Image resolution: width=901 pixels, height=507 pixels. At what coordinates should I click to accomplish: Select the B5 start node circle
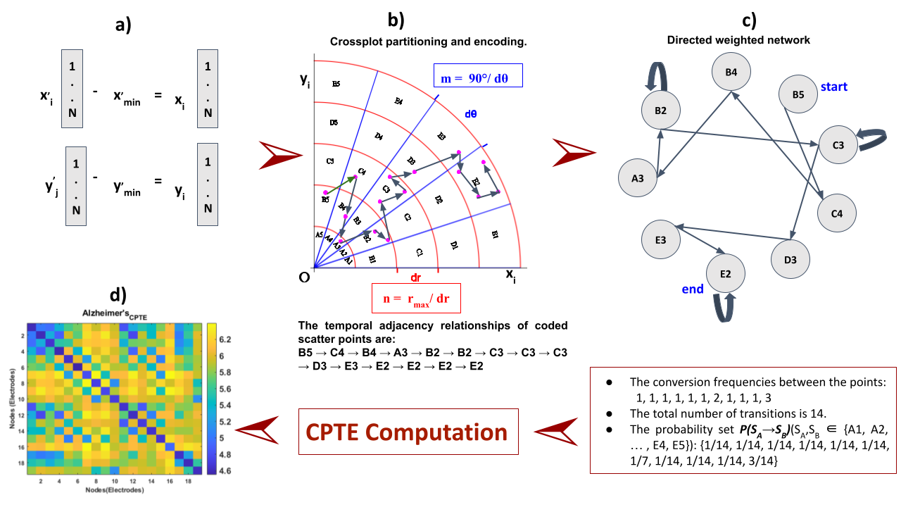798,94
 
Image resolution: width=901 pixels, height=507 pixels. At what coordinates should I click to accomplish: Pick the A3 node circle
638,178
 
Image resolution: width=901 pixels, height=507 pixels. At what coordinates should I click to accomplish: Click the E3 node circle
661,240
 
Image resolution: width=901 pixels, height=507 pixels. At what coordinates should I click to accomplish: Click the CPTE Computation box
408,430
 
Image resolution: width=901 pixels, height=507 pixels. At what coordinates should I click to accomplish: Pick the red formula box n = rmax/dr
416,298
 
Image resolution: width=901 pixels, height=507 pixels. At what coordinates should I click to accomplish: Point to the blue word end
693,289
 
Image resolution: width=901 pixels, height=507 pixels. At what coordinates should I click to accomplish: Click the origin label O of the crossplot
305,277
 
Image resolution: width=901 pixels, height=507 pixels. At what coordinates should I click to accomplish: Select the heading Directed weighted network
738,40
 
